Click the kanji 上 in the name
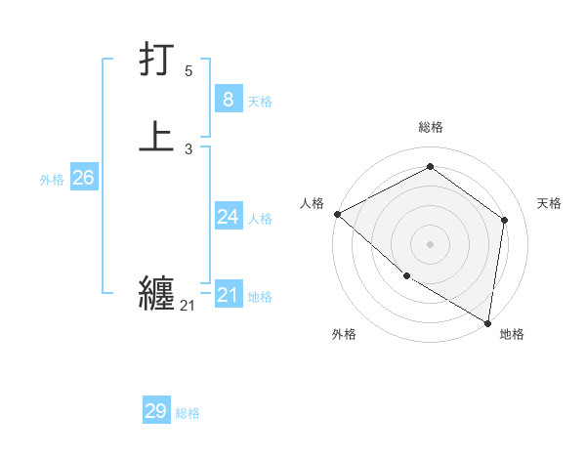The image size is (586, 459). point(157,137)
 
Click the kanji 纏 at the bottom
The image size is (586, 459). point(157,292)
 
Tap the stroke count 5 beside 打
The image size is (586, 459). point(188,71)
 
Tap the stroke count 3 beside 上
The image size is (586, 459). point(188,149)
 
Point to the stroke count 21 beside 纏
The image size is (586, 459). point(188,306)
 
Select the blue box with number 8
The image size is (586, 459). point(228,99)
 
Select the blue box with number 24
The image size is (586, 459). point(228,217)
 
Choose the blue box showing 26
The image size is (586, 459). point(83,178)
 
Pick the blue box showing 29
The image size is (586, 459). point(156,411)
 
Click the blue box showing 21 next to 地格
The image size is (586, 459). point(228,295)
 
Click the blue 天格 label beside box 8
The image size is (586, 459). point(260,102)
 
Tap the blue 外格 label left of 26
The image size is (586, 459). point(52,180)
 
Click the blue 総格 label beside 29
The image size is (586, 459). point(188,414)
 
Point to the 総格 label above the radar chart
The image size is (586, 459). point(430,128)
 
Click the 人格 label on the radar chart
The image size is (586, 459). point(312,203)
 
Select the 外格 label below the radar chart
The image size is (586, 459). point(344,334)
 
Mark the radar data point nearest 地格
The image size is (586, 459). point(487,322)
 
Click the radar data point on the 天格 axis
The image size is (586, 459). point(504,220)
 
